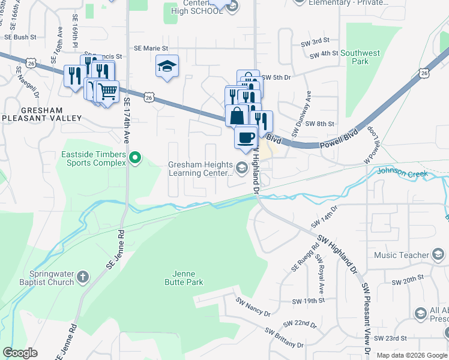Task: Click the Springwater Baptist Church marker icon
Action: (83, 278)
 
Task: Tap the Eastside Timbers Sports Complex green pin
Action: (136, 158)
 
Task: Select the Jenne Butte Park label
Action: (184, 278)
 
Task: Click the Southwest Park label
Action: (360, 57)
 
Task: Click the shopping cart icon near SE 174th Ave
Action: (107, 92)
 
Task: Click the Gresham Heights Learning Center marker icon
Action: (242, 168)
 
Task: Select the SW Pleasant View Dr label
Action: (366, 317)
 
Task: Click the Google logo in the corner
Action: (20, 353)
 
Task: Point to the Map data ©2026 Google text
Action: (411, 355)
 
